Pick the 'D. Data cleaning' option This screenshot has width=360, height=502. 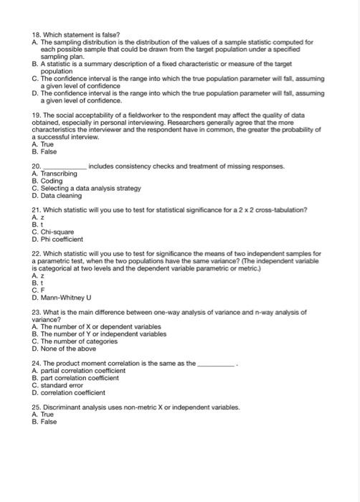57,195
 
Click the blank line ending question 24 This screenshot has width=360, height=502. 216,365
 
